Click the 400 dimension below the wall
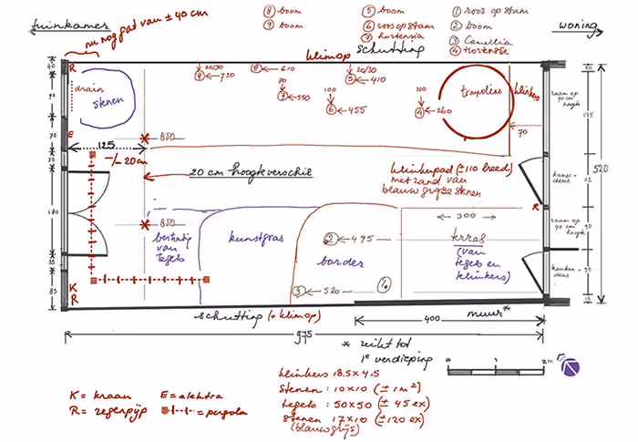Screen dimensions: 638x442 431,319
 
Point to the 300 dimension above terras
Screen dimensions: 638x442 465,216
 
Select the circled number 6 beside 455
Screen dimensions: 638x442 329,110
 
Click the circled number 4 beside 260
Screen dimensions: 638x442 419,111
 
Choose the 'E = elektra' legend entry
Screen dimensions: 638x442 191,395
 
